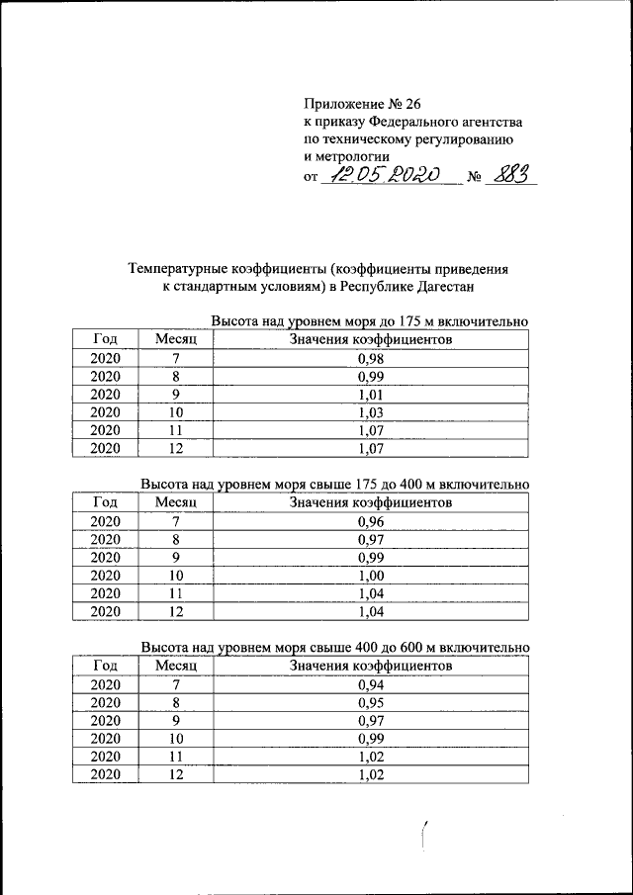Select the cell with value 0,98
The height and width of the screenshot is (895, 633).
370,359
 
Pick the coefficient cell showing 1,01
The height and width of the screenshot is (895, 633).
370,395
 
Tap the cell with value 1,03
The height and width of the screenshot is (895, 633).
370,412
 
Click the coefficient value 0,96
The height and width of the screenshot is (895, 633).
370,521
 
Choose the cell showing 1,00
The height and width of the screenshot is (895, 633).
370,575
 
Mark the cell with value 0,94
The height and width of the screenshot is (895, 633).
370,684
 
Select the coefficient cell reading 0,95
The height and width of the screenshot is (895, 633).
370,702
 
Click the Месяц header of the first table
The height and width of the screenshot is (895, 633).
177,340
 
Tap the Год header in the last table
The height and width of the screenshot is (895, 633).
105,666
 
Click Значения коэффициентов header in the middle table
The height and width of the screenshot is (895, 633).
370,502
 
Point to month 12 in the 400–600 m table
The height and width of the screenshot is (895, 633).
177,774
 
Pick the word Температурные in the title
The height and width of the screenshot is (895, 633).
177,268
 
